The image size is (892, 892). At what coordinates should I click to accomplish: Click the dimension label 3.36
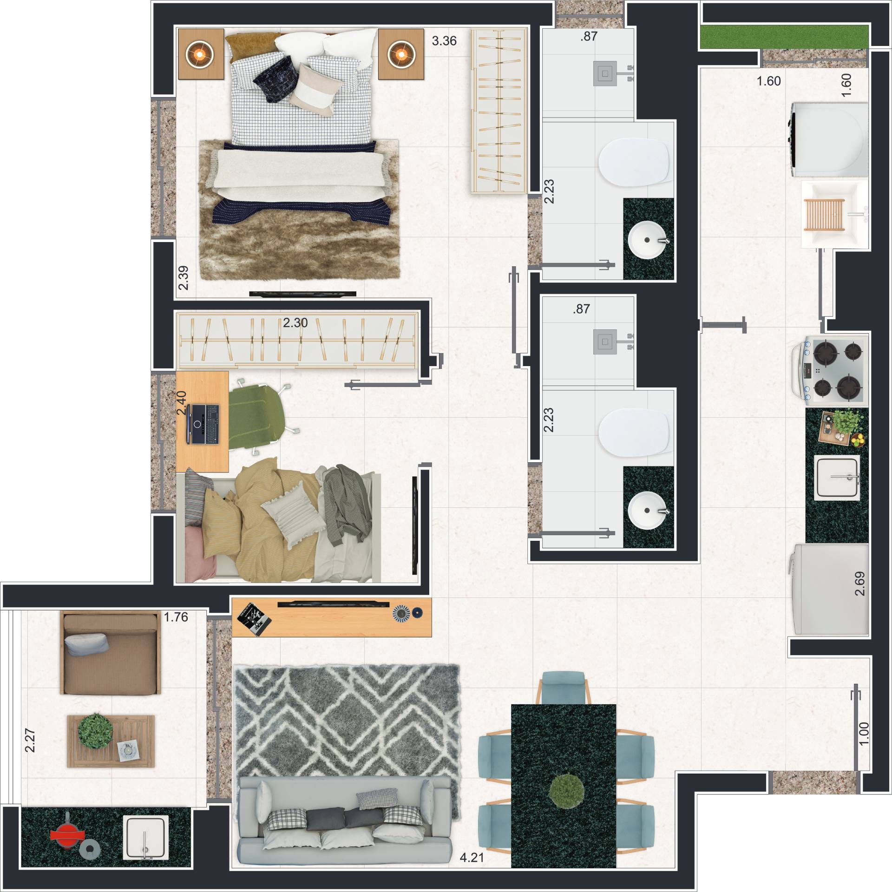point(444,41)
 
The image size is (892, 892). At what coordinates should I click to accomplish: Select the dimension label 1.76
point(176,617)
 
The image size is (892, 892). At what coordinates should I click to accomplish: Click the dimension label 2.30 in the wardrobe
point(295,322)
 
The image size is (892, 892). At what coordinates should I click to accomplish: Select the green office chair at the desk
point(260,416)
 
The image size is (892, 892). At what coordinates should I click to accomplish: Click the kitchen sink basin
point(837,478)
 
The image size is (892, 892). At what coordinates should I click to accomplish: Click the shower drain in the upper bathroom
point(605,73)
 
